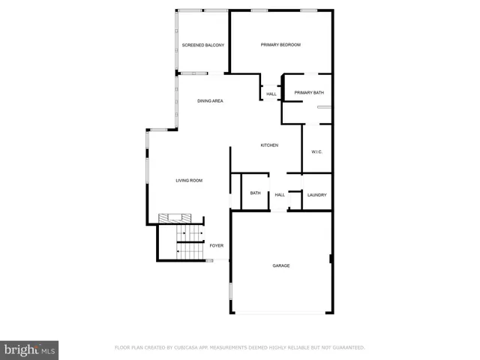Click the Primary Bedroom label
coord(280,45)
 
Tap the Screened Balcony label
coord(203,45)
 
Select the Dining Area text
coord(210,100)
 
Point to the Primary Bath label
coord(308,93)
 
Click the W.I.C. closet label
coord(316,152)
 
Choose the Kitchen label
coord(269,145)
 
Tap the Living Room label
coord(189,180)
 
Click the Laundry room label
coord(316,195)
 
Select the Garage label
coord(281,265)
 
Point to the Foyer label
coord(216,245)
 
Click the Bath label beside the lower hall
coord(255,193)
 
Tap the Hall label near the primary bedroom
coord(271,94)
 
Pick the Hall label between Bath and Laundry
coord(279,195)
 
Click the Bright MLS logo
coord(30,349)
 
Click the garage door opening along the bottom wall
coord(281,313)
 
